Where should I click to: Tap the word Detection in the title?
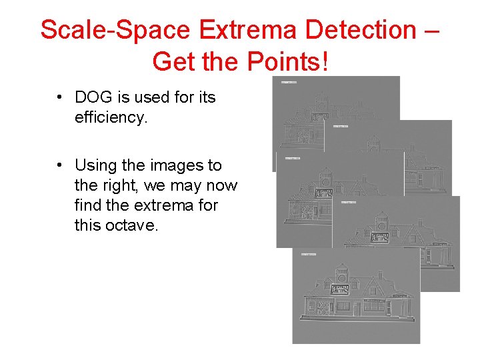pos(349,30)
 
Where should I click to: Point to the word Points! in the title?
pos(289,61)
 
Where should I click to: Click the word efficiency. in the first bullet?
pos(110,117)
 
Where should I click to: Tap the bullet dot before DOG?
pos(60,97)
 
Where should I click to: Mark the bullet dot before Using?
pos(60,165)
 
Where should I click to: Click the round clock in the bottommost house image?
pos(342,273)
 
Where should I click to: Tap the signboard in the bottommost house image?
pos(340,289)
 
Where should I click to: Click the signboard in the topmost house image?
pos(320,117)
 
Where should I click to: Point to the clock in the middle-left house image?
pos(325,181)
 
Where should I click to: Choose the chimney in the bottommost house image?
pos(379,274)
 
